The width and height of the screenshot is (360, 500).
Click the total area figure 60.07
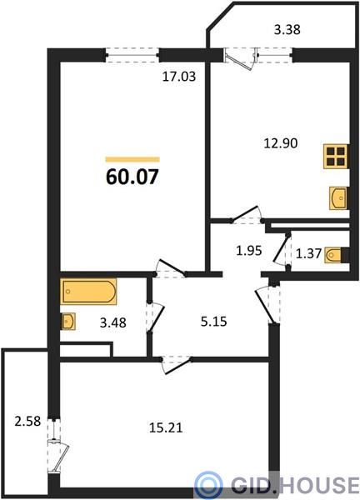pyautogui.click(x=132, y=177)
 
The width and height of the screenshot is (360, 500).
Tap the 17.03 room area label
pyautogui.click(x=179, y=77)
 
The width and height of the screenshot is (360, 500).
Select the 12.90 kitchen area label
pyautogui.click(x=281, y=143)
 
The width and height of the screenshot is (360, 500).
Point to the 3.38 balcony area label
pyautogui.click(x=287, y=30)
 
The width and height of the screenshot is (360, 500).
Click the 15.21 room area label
pyautogui.click(x=166, y=427)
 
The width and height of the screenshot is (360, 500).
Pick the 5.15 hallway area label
pyautogui.click(x=214, y=322)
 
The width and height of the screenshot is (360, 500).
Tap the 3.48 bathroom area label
pyautogui.click(x=112, y=322)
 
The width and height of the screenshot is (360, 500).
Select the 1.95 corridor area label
pyautogui.click(x=249, y=251)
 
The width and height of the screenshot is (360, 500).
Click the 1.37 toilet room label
pyautogui.click(x=308, y=254)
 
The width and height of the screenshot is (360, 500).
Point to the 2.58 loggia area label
pyautogui.click(x=27, y=422)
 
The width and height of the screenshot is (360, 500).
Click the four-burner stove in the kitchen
pyautogui.click(x=336, y=157)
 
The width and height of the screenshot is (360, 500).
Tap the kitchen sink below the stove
pyautogui.click(x=338, y=198)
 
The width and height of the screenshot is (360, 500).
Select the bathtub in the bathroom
pyautogui.click(x=88, y=292)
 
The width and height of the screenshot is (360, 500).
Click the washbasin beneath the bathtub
pyautogui.click(x=68, y=322)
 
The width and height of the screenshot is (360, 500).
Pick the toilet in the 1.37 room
pyautogui.click(x=333, y=255)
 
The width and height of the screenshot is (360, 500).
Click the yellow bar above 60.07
pyautogui.click(x=132, y=159)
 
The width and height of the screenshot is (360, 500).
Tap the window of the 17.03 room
pyautogui.click(x=132, y=55)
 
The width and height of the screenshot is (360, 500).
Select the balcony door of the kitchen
pyautogui.click(x=241, y=58)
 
